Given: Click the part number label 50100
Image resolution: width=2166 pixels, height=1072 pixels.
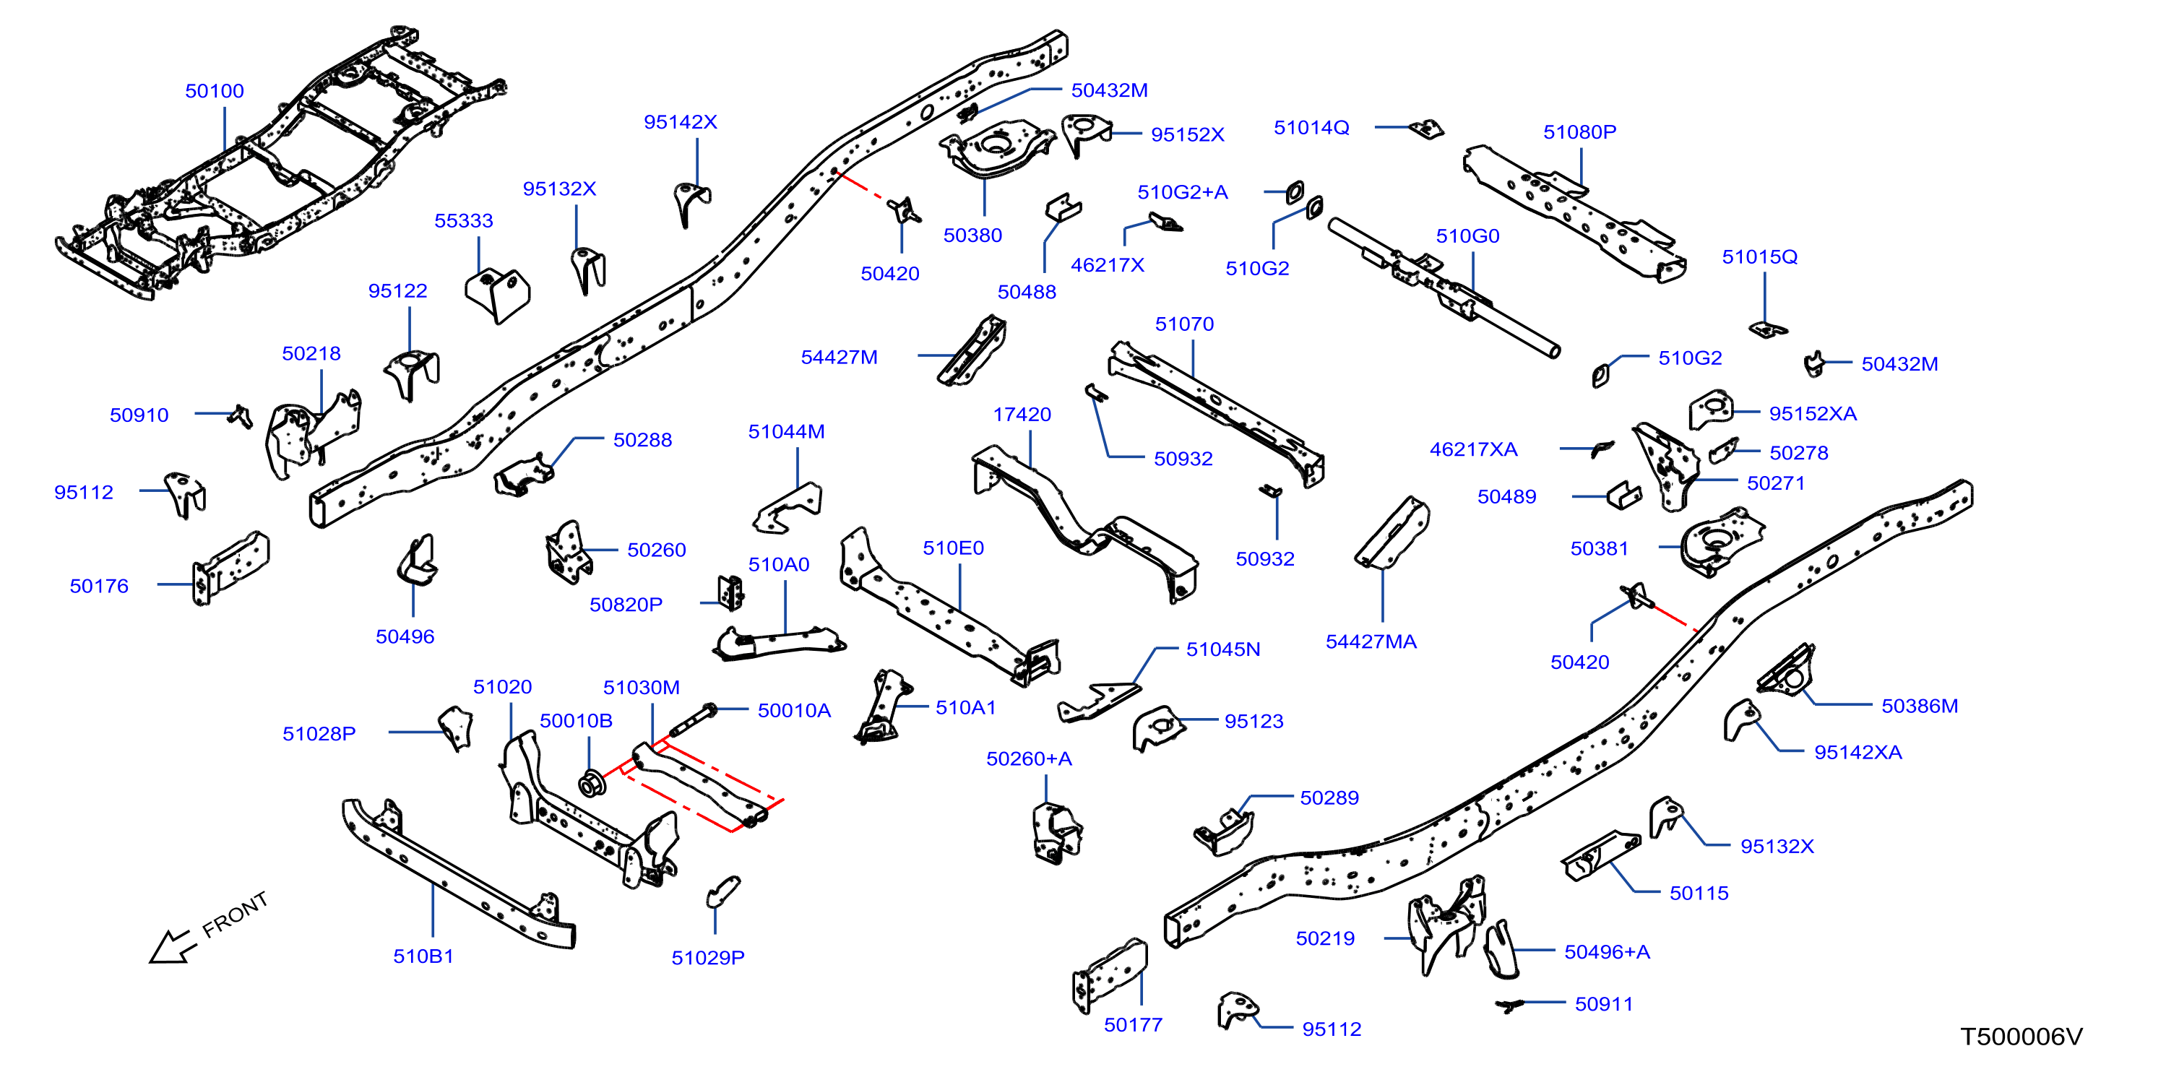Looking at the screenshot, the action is (215, 91).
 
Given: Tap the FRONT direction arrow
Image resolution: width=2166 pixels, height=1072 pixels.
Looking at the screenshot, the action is (173, 947).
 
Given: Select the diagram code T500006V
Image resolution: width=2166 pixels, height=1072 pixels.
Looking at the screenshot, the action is (2022, 1037).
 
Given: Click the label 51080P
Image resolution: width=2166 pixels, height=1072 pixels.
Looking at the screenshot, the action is (1579, 132).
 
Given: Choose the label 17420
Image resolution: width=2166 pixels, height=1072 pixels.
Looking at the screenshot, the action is (1022, 415).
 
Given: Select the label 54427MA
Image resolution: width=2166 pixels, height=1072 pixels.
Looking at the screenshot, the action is (1371, 641).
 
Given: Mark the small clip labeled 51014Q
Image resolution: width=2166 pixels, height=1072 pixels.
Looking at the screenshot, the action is (1427, 129).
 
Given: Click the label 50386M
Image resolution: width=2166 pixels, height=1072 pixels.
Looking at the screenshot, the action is (1920, 706).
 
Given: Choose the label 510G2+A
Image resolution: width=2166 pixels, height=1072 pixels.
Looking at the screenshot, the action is (1182, 193).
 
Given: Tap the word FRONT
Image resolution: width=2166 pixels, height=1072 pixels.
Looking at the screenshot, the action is (235, 914).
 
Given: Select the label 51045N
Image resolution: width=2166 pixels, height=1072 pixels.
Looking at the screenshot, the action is (1222, 649).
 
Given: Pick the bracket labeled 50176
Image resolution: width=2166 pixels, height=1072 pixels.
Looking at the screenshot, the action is (230, 568).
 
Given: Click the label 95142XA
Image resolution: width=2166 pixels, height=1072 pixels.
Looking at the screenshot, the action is (1858, 753).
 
